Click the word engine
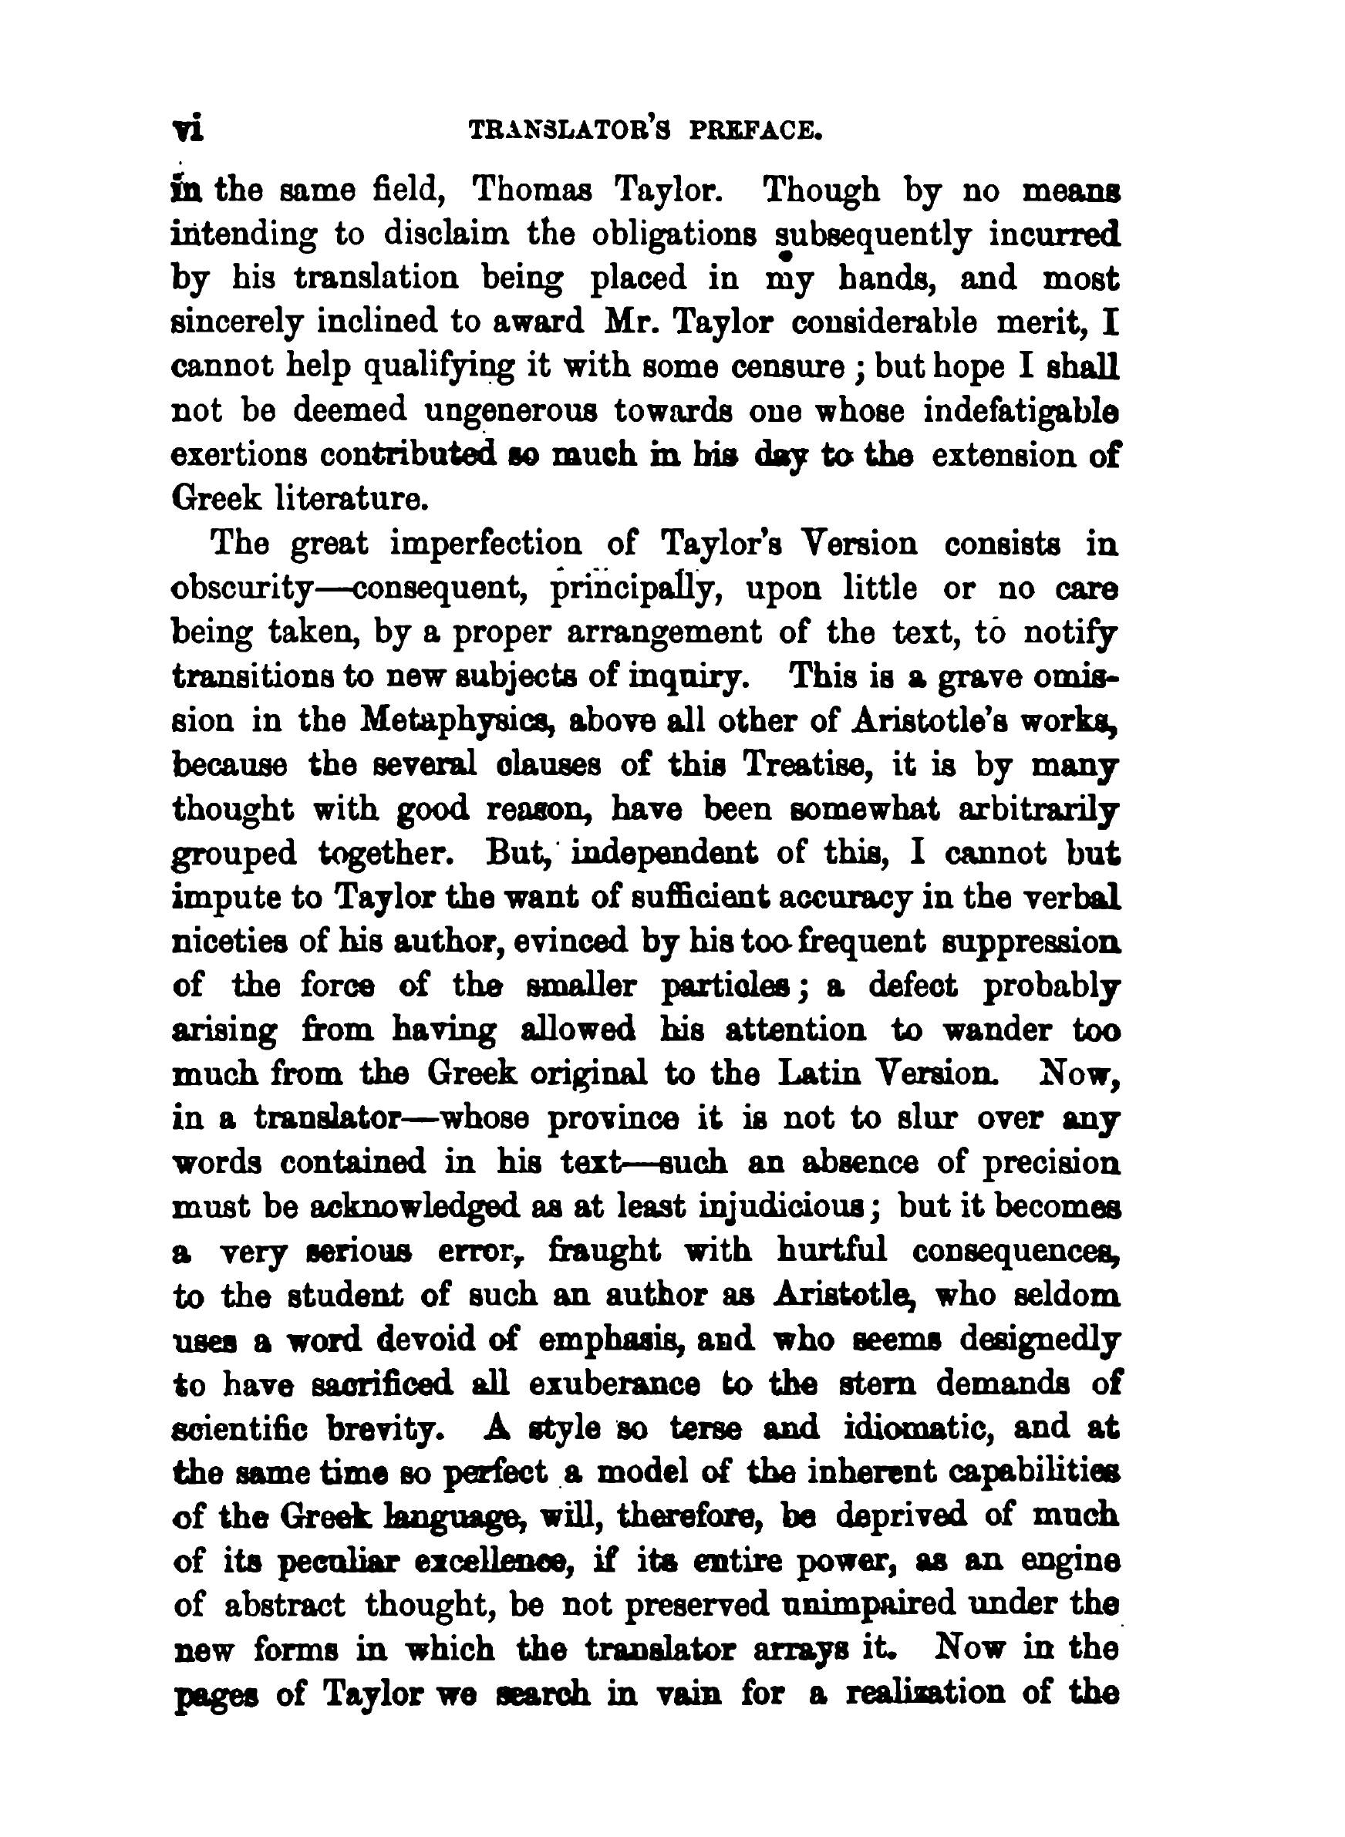(1067, 1561)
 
